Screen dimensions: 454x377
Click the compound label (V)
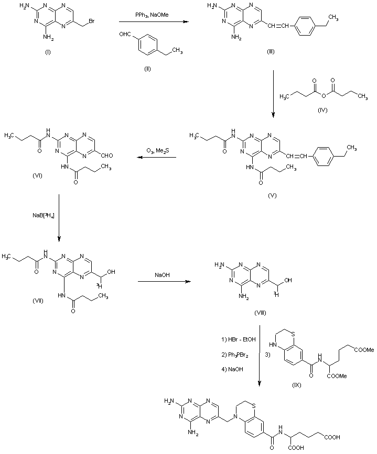(x=272, y=195)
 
